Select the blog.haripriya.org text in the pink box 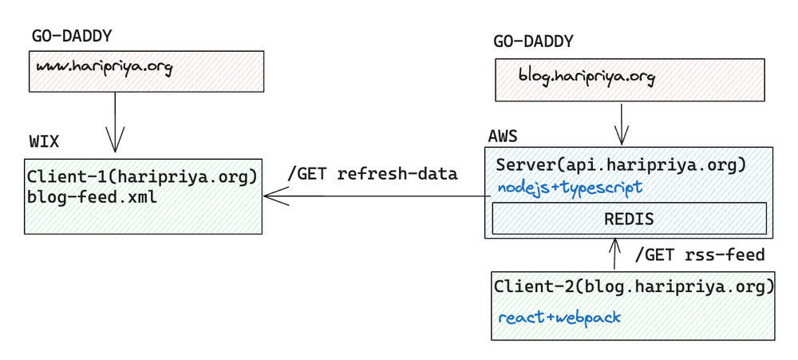[587, 77]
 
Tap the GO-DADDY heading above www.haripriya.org [72, 36]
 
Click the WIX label [44, 142]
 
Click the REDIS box [629, 218]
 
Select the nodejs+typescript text [570, 188]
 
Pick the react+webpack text [559, 318]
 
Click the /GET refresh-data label [372, 174]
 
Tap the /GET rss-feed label [699, 255]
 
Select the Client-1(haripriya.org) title [141, 176]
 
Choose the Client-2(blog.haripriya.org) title [634, 286]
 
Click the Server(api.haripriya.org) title [621, 165]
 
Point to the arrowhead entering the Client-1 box [271, 196]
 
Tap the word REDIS [629, 218]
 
